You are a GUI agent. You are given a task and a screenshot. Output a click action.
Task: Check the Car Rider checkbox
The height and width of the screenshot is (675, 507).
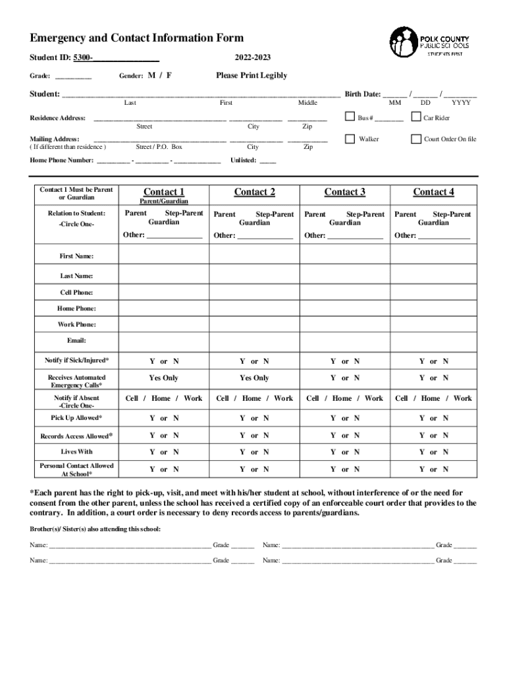[x=415, y=117]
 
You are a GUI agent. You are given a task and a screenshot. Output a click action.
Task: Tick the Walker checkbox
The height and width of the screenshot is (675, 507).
[x=350, y=139]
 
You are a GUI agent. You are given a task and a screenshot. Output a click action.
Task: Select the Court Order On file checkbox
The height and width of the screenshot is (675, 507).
[x=415, y=139]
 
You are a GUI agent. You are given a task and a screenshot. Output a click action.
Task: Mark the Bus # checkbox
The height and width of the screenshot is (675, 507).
[x=350, y=117]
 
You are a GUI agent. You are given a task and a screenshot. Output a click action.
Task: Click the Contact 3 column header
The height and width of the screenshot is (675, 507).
[x=344, y=192]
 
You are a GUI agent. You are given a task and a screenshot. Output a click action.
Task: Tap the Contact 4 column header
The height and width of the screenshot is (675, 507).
[x=433, y=192]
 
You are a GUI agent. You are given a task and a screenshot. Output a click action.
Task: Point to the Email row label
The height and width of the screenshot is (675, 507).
[x=76, y=341]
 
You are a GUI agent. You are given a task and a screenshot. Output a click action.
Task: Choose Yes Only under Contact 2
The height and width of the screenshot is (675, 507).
[x=254, y=378]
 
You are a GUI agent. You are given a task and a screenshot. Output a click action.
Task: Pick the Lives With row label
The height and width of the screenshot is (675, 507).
[x=76, y=452]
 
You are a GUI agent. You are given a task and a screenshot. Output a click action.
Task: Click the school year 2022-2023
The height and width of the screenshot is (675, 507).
[x=252, y=58]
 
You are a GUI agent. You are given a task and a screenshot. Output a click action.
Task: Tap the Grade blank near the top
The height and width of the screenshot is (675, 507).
[x=73, y=77]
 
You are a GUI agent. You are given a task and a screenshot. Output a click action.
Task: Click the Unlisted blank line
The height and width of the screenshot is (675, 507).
[x=268, y=161]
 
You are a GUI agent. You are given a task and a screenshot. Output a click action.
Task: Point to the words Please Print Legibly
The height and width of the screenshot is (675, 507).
[x=252, y=76]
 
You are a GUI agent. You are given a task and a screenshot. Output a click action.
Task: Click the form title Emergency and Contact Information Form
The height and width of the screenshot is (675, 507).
[x=137, y=38]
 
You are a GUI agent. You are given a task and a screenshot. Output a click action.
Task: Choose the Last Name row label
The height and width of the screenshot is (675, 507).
[x=76, y=276]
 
